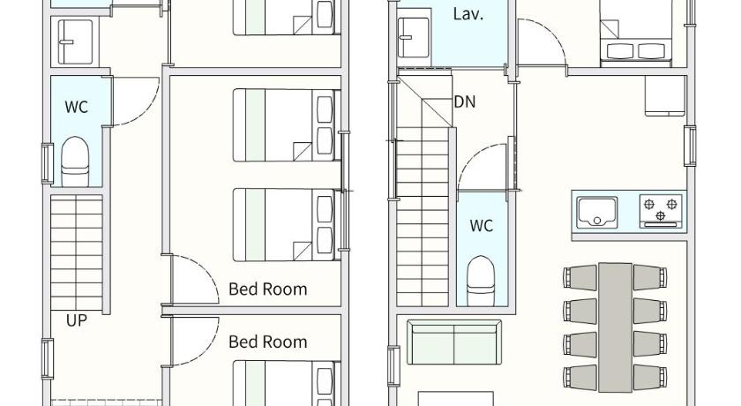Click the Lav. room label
(468, 14)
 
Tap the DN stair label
(465, 101)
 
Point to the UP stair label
(77, 320)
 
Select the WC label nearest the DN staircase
(481, 225)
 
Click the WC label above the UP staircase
(77, 107)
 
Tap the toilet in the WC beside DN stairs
(481, 281)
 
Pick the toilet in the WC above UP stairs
(75, 162)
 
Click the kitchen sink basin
(597, 212)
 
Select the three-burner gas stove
(661, 211)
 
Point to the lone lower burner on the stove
(661, 216)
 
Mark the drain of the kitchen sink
(597, 221)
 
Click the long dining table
(615, 327)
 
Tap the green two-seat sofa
(453, 342)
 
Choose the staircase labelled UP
(77, 253)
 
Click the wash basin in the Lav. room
(414, 37)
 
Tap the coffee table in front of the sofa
(456, 398)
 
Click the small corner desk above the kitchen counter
(665, 95)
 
